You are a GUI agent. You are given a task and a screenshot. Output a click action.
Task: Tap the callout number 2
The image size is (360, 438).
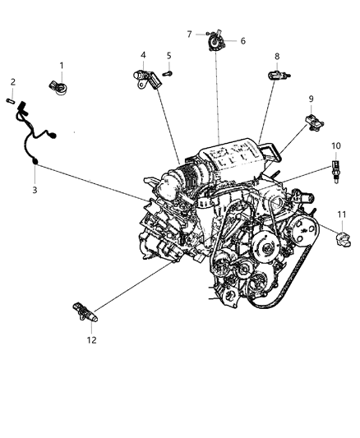(12, 81)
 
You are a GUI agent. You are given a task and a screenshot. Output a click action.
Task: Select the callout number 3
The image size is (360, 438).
(34, 191)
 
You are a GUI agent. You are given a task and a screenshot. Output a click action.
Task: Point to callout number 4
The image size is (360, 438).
(142, 56)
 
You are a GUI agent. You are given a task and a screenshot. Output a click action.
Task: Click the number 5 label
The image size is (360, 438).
(168, 56)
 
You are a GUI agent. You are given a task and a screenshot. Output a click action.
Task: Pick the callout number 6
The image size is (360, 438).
(242, 40)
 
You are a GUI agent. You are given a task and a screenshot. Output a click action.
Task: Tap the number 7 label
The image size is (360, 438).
(189, 34)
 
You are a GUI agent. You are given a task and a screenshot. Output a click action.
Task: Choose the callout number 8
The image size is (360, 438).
(277, 56)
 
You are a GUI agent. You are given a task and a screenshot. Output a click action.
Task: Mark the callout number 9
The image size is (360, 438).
(312, 99)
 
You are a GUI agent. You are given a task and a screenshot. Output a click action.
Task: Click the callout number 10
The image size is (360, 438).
(335, 145)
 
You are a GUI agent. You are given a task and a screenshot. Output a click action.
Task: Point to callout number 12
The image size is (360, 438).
(92, 339)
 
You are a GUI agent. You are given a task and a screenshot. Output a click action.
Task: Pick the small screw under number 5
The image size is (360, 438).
(168, 73)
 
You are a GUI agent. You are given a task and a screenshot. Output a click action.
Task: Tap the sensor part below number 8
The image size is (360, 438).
(277, 76)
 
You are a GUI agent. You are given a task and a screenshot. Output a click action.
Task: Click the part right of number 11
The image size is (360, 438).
(345, 238)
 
